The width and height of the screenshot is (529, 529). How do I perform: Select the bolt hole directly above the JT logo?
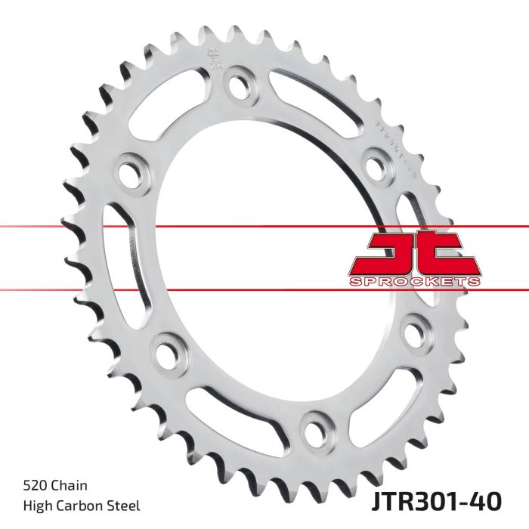(x=376, y=162)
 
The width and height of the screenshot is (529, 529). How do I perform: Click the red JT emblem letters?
(x=413, y=253)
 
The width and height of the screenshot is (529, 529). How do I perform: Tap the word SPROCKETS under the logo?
(x=413, y=281)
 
